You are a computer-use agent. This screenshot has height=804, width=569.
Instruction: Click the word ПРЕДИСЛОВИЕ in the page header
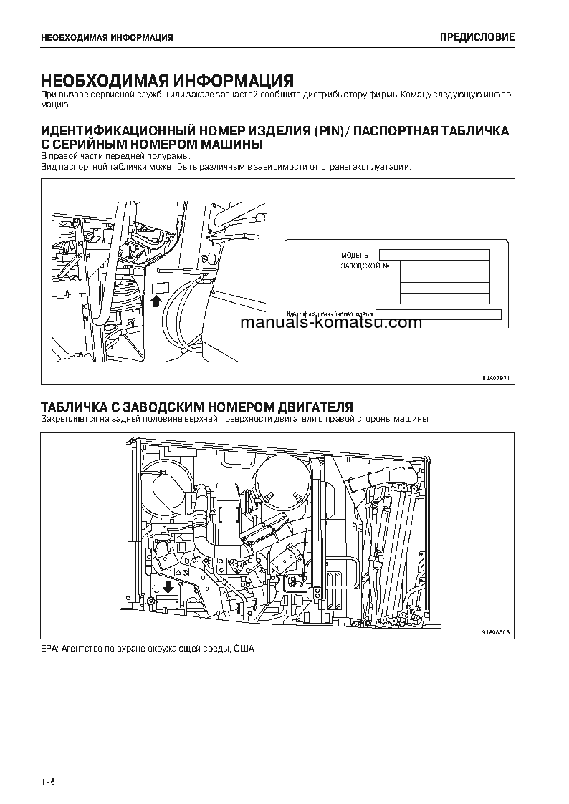(477, 37)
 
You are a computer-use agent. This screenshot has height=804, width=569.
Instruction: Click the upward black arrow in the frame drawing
(156, 301)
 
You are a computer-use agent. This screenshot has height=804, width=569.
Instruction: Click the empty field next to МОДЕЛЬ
(434, 254)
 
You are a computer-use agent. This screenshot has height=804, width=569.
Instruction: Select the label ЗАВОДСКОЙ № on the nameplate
(365, 266)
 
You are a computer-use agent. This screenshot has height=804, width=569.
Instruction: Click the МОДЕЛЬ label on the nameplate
(354, 255)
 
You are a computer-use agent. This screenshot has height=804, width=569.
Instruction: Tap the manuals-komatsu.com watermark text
(331, 322)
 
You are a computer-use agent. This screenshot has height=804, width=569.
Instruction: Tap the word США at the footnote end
(244, 649)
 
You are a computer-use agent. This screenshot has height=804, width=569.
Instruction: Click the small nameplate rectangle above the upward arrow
(160, 288)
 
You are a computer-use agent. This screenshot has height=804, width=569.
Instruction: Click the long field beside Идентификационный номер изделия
(439, 314)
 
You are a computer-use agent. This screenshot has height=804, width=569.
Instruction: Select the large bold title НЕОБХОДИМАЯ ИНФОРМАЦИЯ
(167, 80)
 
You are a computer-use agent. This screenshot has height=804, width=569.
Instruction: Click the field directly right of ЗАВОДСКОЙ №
(444, 266)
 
